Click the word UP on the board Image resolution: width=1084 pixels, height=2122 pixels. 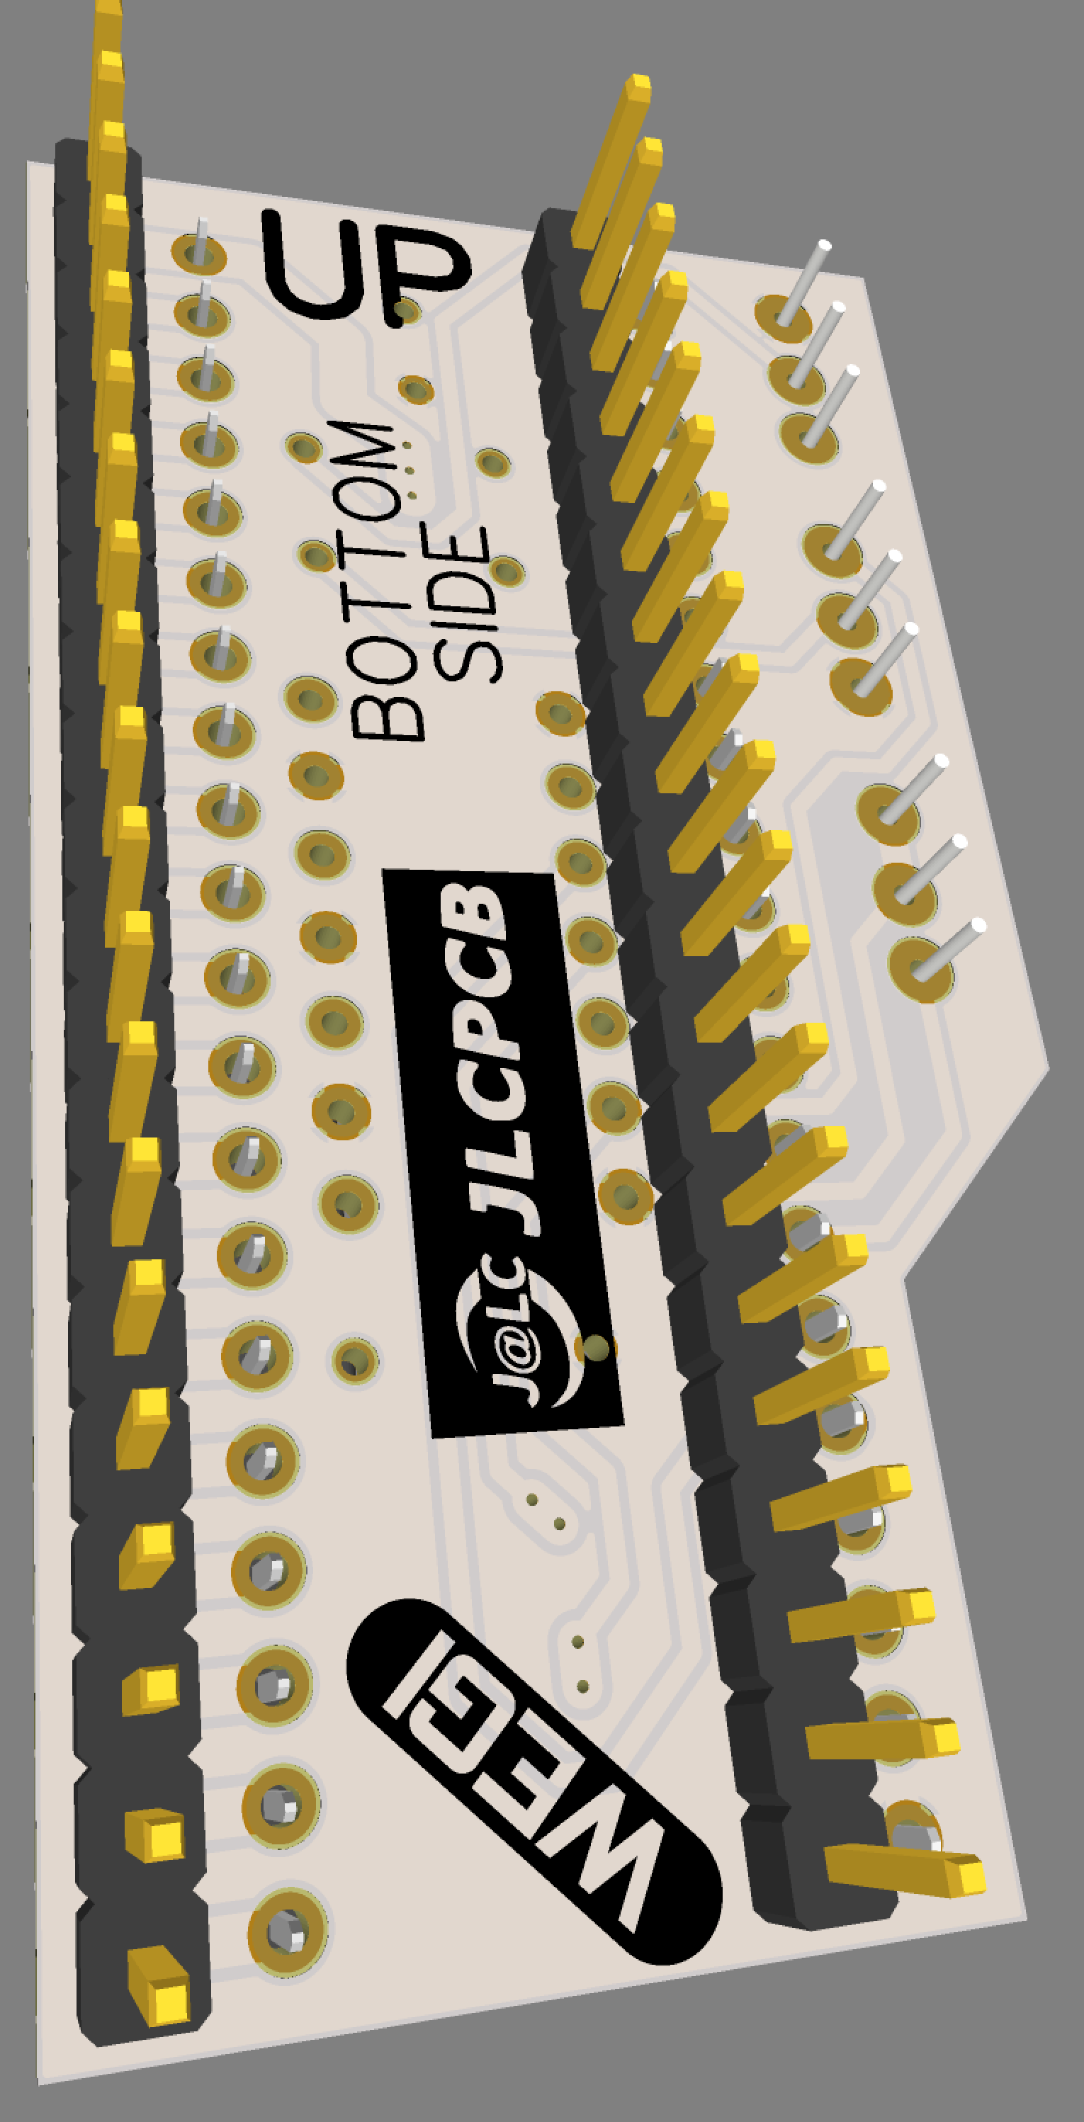pyautogui.click(x=366, y=268)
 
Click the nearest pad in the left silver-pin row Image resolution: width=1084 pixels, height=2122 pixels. pyautogui.click(x=288, y=1931)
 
